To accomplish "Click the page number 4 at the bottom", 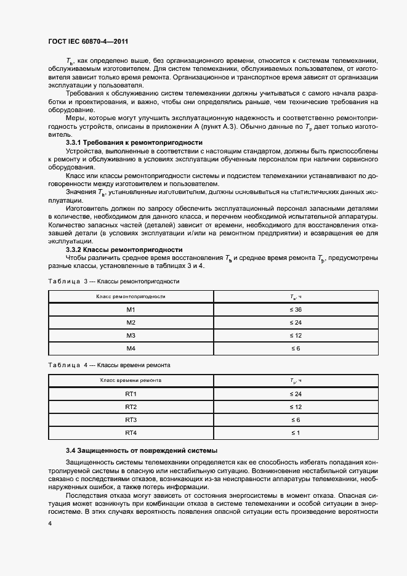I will coord(49,523).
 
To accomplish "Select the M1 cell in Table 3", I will coord(131,309).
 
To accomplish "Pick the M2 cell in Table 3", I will coord(131,322).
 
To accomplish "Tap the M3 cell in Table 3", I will coord(131,335).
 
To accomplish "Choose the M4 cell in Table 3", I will coord(131,348).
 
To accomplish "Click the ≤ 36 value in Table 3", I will coord(295,309).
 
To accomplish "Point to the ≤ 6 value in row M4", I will coord(295,348).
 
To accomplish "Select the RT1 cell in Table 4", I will coord(131,394).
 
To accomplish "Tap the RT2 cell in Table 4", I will coord(131,407).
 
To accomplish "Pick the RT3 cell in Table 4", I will coord(131,420).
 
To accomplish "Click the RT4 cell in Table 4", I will coord(131,432).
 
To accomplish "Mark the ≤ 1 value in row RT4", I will coord(295,432).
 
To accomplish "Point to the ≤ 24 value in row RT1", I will coord(295,394).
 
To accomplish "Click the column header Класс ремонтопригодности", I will coord(131,296).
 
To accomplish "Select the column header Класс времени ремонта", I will coord(131,381).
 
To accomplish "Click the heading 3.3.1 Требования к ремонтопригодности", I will coord(134,142).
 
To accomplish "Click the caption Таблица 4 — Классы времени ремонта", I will coord(109,365).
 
